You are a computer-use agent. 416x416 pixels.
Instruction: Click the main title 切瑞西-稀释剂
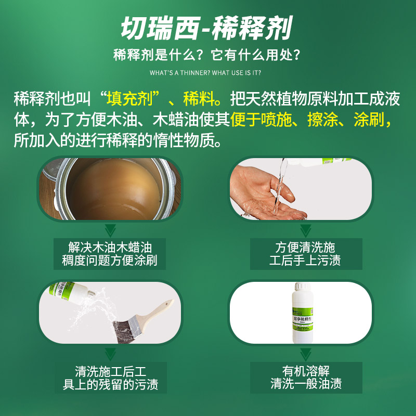point(206,29)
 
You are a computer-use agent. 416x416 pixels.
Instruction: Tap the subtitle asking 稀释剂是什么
point(207,55)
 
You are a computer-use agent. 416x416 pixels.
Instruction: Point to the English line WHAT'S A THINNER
point(208,72)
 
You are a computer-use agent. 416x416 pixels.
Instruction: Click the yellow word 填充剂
point(127,98)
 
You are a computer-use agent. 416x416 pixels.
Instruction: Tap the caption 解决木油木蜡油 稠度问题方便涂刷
point(110,254)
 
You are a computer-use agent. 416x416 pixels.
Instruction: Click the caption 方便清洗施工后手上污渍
point(306,254)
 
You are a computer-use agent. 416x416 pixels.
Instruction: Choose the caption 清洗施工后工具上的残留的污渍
point(110,379)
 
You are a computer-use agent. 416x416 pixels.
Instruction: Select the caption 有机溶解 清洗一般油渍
point(306,379)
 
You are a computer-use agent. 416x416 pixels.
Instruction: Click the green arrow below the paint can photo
point(110,230)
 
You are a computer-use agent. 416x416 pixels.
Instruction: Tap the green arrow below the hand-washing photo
point(306,230)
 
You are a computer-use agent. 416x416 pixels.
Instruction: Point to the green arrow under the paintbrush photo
point(110,355)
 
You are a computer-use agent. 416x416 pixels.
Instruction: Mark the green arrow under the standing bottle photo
point(306,355)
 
